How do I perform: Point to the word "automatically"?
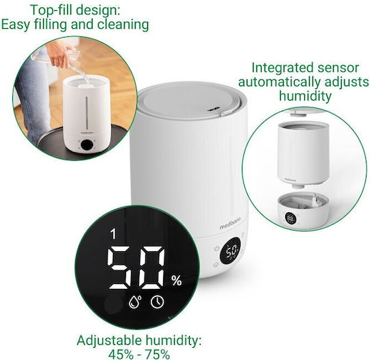tap(279, 82)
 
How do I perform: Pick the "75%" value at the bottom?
tap(157, 354)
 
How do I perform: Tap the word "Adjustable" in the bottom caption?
tap(108, 341)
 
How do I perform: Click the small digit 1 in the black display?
tap(114, 234)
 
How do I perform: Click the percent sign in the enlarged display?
tap(177, 281)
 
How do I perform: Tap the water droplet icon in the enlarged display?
tap(135, 302)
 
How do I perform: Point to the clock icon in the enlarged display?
tap(157, 302)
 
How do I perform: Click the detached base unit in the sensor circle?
tap(303, 210)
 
